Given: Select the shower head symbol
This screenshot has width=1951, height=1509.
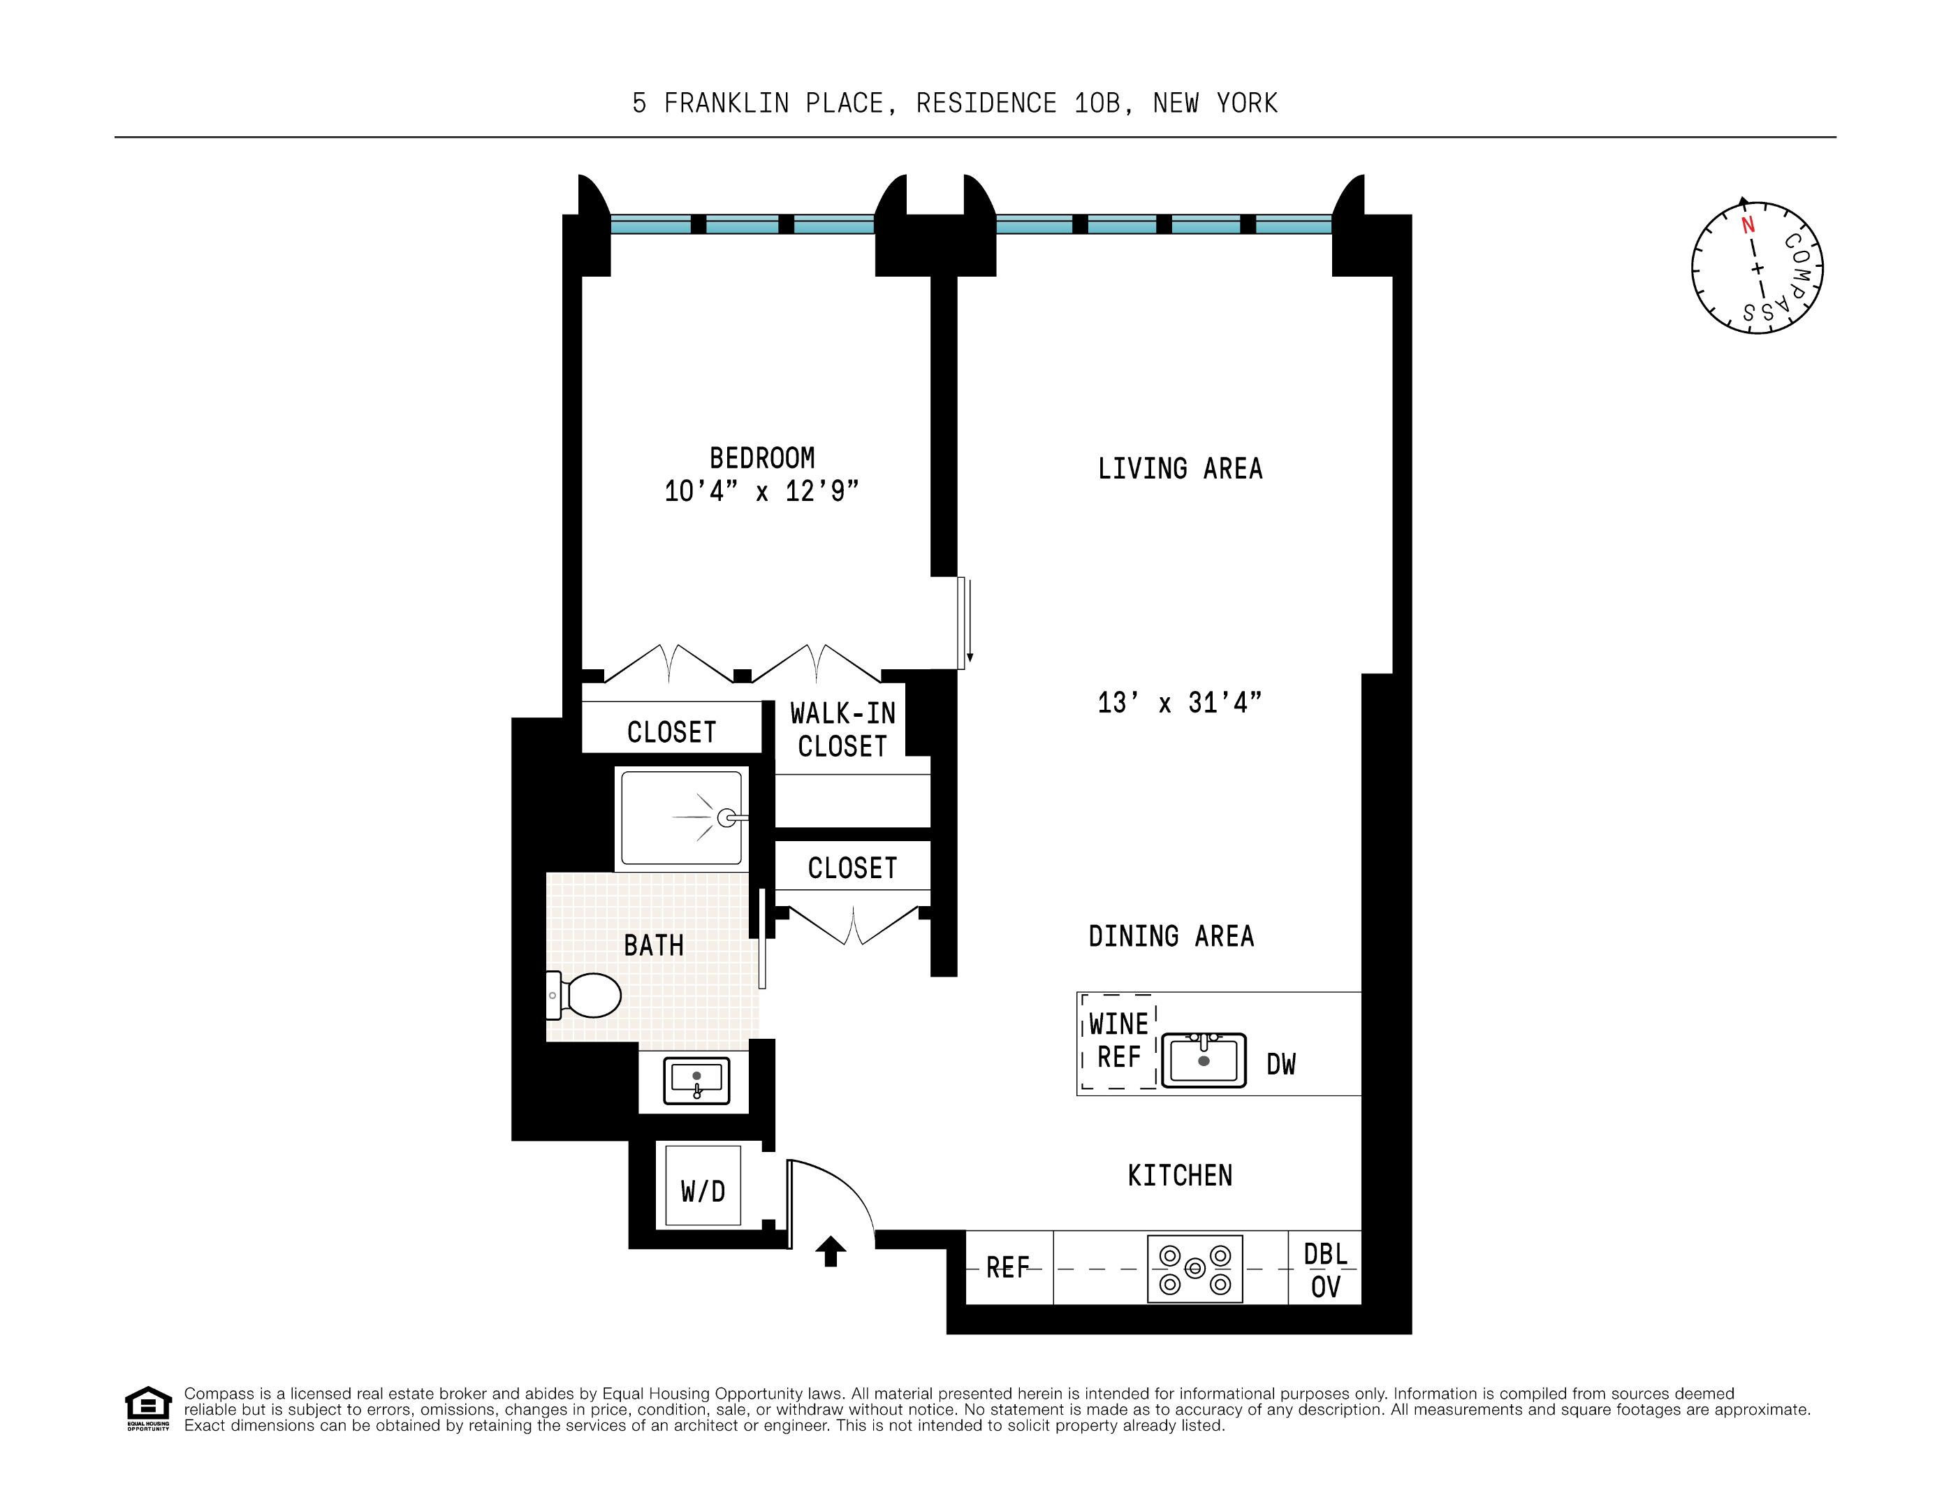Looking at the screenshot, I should tap(726, 817).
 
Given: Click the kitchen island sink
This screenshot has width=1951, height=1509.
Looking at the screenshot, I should tap(1204, 1060).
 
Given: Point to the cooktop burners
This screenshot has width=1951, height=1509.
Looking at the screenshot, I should tap(1194, 1269).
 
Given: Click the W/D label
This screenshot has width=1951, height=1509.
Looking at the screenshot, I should tap(702, 1191).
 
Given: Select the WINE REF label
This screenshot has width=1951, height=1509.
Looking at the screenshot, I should tap(1118, 1041).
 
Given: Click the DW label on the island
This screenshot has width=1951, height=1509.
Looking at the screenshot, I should tap(1280, 1064).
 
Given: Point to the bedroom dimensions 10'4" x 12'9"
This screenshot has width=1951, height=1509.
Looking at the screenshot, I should tap(761, 491).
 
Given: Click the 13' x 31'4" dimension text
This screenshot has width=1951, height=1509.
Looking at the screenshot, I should tap(1179, 703).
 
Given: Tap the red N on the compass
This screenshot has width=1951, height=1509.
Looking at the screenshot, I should tap(1747, 224).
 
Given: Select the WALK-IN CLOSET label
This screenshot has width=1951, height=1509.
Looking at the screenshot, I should tap(842, 730).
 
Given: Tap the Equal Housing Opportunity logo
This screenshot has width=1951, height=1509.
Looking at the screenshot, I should tap(147, 1408).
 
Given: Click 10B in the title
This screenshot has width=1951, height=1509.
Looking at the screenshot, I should tap(1097, 103).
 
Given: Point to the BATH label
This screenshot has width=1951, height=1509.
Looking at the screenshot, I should tap(653, 945).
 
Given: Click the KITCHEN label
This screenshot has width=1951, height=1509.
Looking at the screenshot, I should tap(1179, 1176).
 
